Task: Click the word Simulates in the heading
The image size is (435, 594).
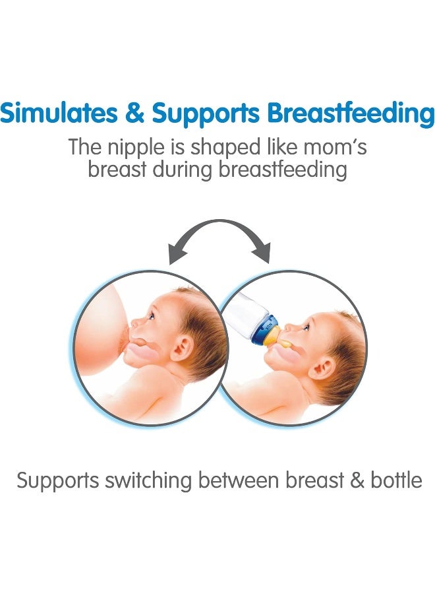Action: click(x=59, y=112)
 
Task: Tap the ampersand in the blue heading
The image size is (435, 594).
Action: click(x=134, y=113)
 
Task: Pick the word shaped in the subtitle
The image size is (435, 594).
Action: click(x=225, y=148)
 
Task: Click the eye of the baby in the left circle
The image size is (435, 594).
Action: click(x=150, y=315)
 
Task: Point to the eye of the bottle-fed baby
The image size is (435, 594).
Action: click(x=306, y=326)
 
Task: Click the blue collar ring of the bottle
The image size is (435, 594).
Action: click(x=266, y=326)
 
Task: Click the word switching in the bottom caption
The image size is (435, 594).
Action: click(x=150, y=481)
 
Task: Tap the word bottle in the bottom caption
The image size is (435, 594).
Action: click(x=396, y=480)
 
